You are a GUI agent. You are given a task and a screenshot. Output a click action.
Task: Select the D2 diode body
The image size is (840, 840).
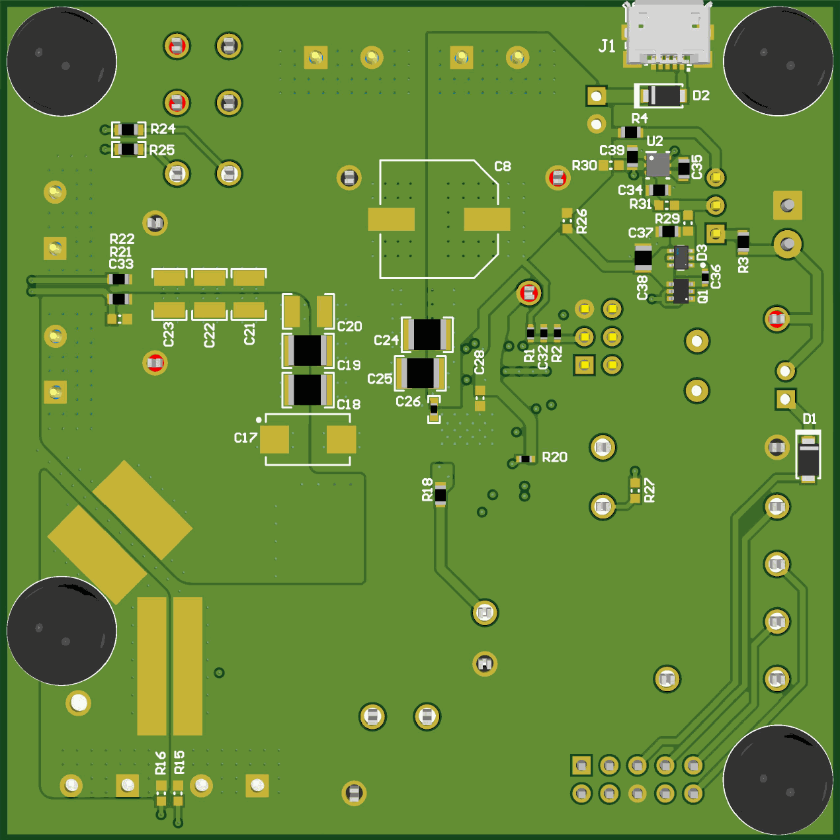660,96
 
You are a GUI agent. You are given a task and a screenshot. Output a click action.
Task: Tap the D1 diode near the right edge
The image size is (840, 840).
808,456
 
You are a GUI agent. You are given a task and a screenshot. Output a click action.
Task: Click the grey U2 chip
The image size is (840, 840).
657,165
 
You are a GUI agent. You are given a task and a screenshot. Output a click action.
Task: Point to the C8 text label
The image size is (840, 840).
503,167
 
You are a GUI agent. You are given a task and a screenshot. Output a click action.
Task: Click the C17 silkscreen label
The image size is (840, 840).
245,438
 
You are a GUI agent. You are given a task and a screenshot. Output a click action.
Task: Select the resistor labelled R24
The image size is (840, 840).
128,130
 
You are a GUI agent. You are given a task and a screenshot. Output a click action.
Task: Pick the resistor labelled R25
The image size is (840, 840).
128,149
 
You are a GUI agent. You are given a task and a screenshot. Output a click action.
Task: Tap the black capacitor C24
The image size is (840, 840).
427,335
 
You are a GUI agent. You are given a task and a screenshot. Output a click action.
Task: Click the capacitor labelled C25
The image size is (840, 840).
420,373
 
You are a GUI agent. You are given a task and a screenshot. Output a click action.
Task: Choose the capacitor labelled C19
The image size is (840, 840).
308,351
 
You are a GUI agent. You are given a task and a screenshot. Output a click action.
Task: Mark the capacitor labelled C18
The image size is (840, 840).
308,390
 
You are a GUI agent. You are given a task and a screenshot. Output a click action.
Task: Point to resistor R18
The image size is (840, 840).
441,494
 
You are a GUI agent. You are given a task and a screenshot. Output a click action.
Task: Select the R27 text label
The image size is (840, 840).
650,490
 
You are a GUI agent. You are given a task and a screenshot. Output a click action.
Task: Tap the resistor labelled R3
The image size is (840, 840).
743,242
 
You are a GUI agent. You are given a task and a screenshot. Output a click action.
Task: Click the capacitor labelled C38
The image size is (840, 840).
643,258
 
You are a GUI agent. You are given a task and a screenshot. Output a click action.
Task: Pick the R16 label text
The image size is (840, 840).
161,763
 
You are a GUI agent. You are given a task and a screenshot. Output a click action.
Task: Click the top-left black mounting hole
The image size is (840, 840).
62,62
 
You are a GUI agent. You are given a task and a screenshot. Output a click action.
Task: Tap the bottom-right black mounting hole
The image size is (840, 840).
778,779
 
